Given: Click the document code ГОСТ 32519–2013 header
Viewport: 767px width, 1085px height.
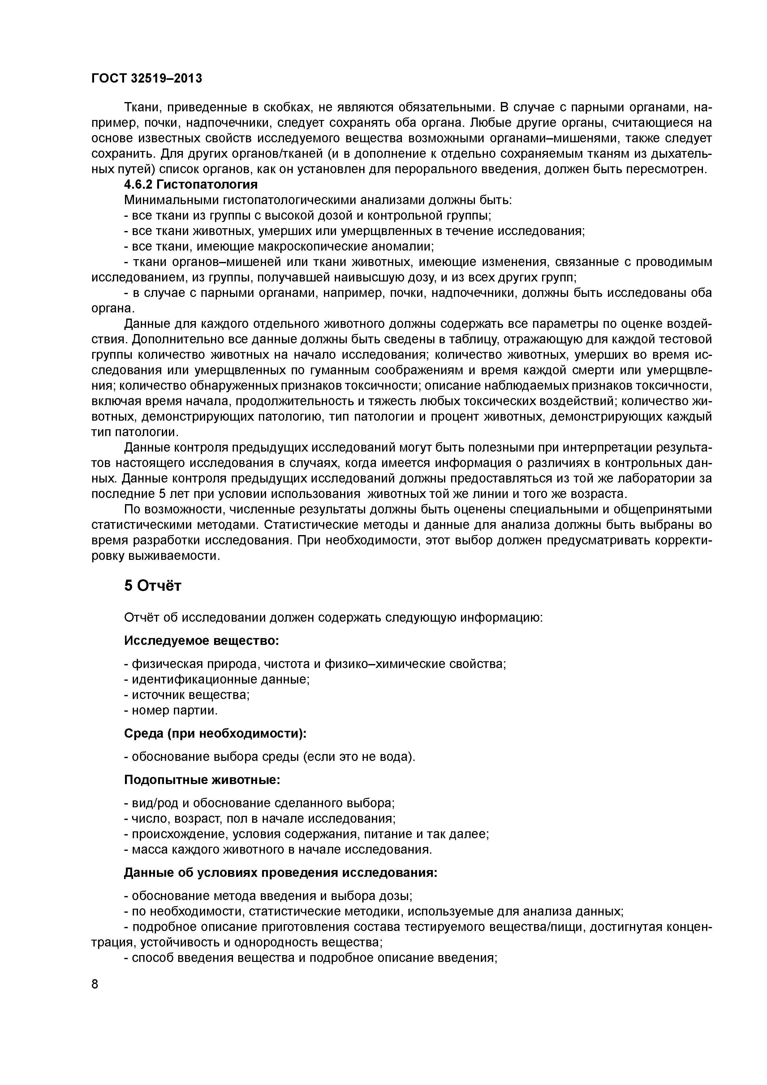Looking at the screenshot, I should tap(146, 79).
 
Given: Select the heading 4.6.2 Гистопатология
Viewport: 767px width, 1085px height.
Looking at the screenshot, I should tap(191, 184).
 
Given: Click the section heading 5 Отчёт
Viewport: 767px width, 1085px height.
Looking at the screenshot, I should tap(153, 586).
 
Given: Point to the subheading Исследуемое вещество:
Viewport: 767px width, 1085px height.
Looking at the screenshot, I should tap(201, 641).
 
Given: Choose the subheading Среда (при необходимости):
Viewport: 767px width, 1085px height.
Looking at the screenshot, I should tap(215, 733).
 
